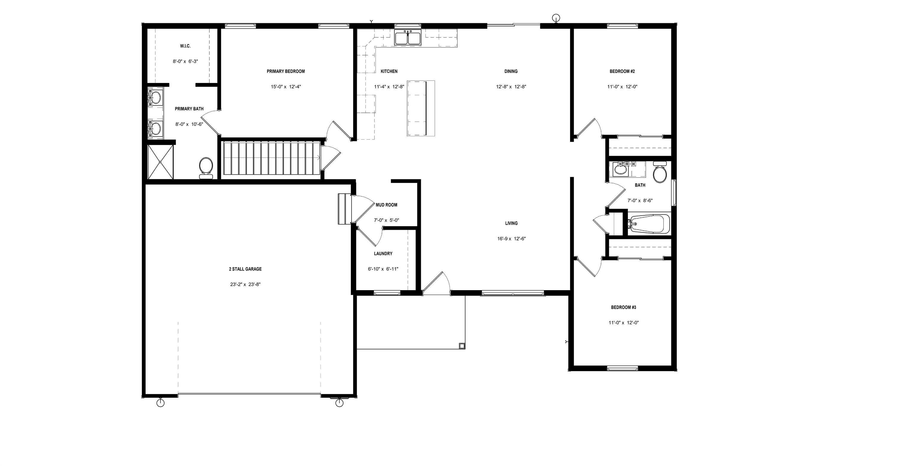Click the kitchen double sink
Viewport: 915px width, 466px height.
click(408, 37)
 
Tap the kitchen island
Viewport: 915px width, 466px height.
click(421, 108)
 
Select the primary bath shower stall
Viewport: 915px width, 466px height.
click(161, 162)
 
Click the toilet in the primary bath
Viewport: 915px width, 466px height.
click(206, 168)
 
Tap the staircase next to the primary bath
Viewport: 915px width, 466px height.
click(271, 158)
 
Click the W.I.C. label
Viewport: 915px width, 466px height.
click(185, 46)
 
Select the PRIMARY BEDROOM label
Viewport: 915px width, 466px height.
click(286, 71)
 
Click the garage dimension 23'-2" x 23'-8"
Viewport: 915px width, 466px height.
click(245, 284)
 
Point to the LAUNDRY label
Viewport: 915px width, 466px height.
click(383, 254)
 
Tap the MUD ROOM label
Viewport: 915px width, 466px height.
click(386, 205)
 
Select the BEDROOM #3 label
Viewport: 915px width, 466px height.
click(623, 307)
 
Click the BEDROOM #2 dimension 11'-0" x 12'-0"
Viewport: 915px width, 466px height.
click(622, 87)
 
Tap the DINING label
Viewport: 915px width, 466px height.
click(511, 71)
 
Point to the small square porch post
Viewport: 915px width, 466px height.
click(462, 345)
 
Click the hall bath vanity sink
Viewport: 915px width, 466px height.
click(620, 170)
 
